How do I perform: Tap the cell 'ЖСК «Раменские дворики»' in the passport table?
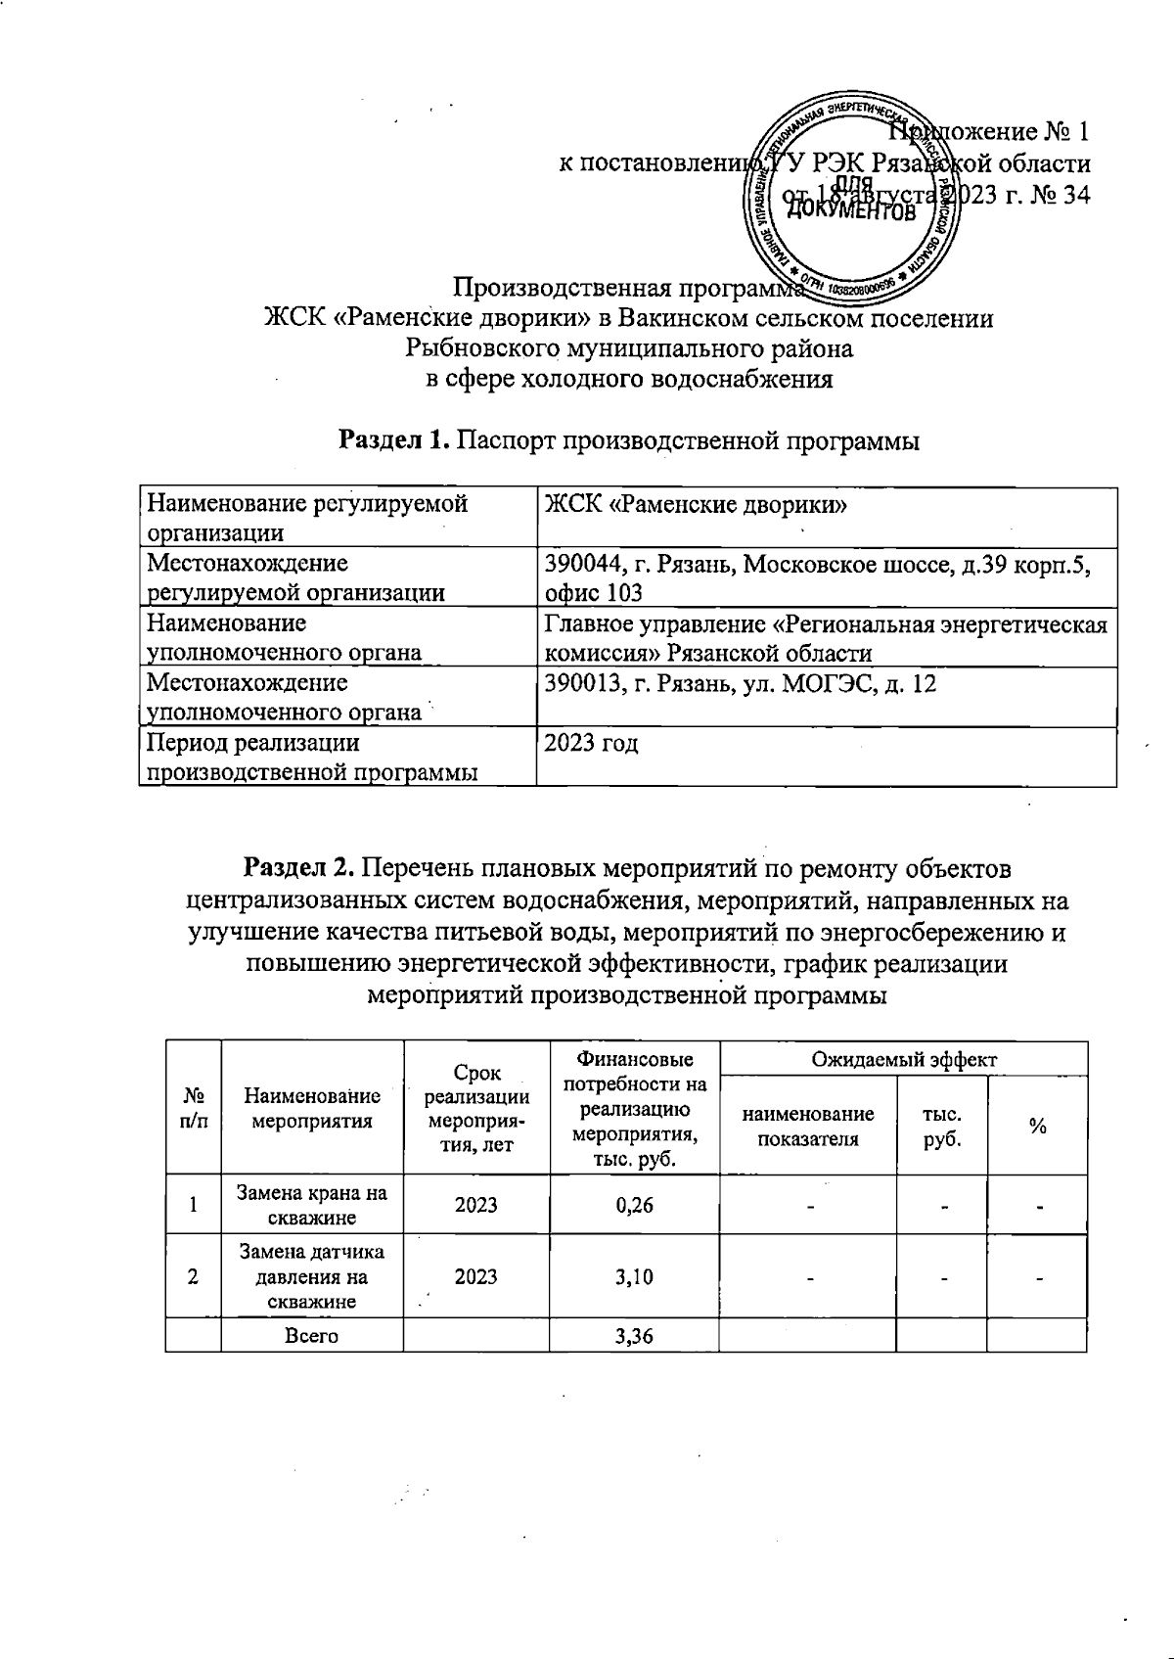(695, 506)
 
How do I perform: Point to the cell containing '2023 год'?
(592, 744)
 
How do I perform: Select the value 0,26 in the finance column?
(634, 1204)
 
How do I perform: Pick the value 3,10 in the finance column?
(634, 1276)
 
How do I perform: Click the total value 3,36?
(634, 1336)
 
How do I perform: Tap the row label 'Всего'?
(312, 1336)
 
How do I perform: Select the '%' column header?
(1037, 1127)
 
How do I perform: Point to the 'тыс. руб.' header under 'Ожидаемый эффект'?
(941, 1127)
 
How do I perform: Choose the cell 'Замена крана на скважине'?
(312, 1205)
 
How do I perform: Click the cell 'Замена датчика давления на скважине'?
(312, 1276)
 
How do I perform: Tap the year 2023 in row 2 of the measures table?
(475, 1276)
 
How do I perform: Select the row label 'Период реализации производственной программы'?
(312, 758)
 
